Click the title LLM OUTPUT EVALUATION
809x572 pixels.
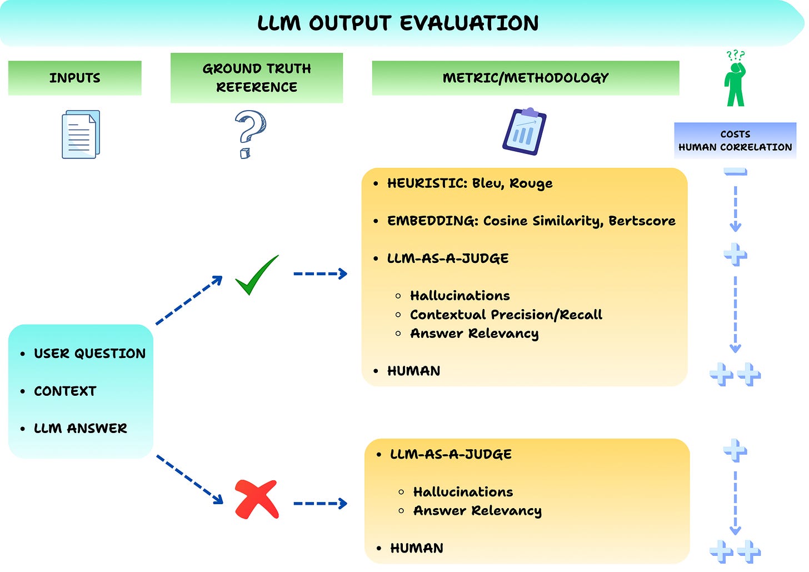click(x=398, y=23)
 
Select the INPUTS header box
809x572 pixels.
click(x=75, y=78)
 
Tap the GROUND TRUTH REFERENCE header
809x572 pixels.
click(x=256, y=78)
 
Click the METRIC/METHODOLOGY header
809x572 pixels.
click(x=525, y=78)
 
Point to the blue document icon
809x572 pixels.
click(x=81, y=135)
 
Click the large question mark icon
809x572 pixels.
click(x=249, y=134)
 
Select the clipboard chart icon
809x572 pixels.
click(x=524, y=132)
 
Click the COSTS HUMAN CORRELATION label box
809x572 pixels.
click(x=735, y=141)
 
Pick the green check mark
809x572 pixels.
click(x=256, y=276)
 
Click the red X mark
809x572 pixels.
click(x=256, y=499)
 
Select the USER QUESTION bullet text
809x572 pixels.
click(x=89, y=354)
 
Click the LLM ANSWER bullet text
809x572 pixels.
click(x=81, y=429)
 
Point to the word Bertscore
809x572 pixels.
click(x=642, y=221)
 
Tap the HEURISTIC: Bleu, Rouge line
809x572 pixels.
click(x=470, y=183)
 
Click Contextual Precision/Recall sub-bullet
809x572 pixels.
click(x=506, y=315)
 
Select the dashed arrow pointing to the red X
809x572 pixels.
click(x=189, y=480)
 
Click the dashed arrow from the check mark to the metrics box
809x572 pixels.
click(x=320, y=273)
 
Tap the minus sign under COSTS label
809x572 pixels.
click(x=735, y=172)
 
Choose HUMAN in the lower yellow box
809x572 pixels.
click(x=417, y=548)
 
